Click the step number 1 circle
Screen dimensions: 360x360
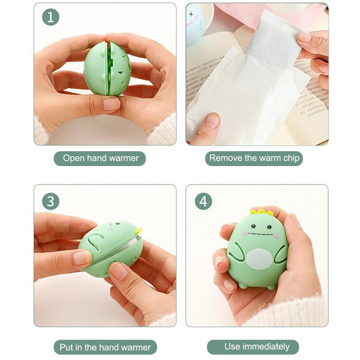(50, 17)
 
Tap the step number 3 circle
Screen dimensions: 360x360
(50, 201)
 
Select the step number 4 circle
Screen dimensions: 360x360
(203, 201)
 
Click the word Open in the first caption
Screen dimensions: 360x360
(74, 158)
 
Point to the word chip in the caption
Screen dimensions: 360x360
(291, 158)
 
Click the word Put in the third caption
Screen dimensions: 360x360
(67, 347)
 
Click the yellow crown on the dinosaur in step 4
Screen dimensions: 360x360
(261, 212)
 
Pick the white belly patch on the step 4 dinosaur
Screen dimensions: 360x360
(259, 259)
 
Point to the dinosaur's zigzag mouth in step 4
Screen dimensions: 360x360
(261, 234)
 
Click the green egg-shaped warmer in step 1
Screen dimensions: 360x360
(108, 68)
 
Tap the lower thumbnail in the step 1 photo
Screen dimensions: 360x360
(112, 104)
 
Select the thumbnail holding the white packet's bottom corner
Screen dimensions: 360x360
(212, 120)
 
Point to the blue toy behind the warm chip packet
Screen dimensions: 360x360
(195, 25)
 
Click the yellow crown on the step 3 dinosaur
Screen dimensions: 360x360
(138, 231)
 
